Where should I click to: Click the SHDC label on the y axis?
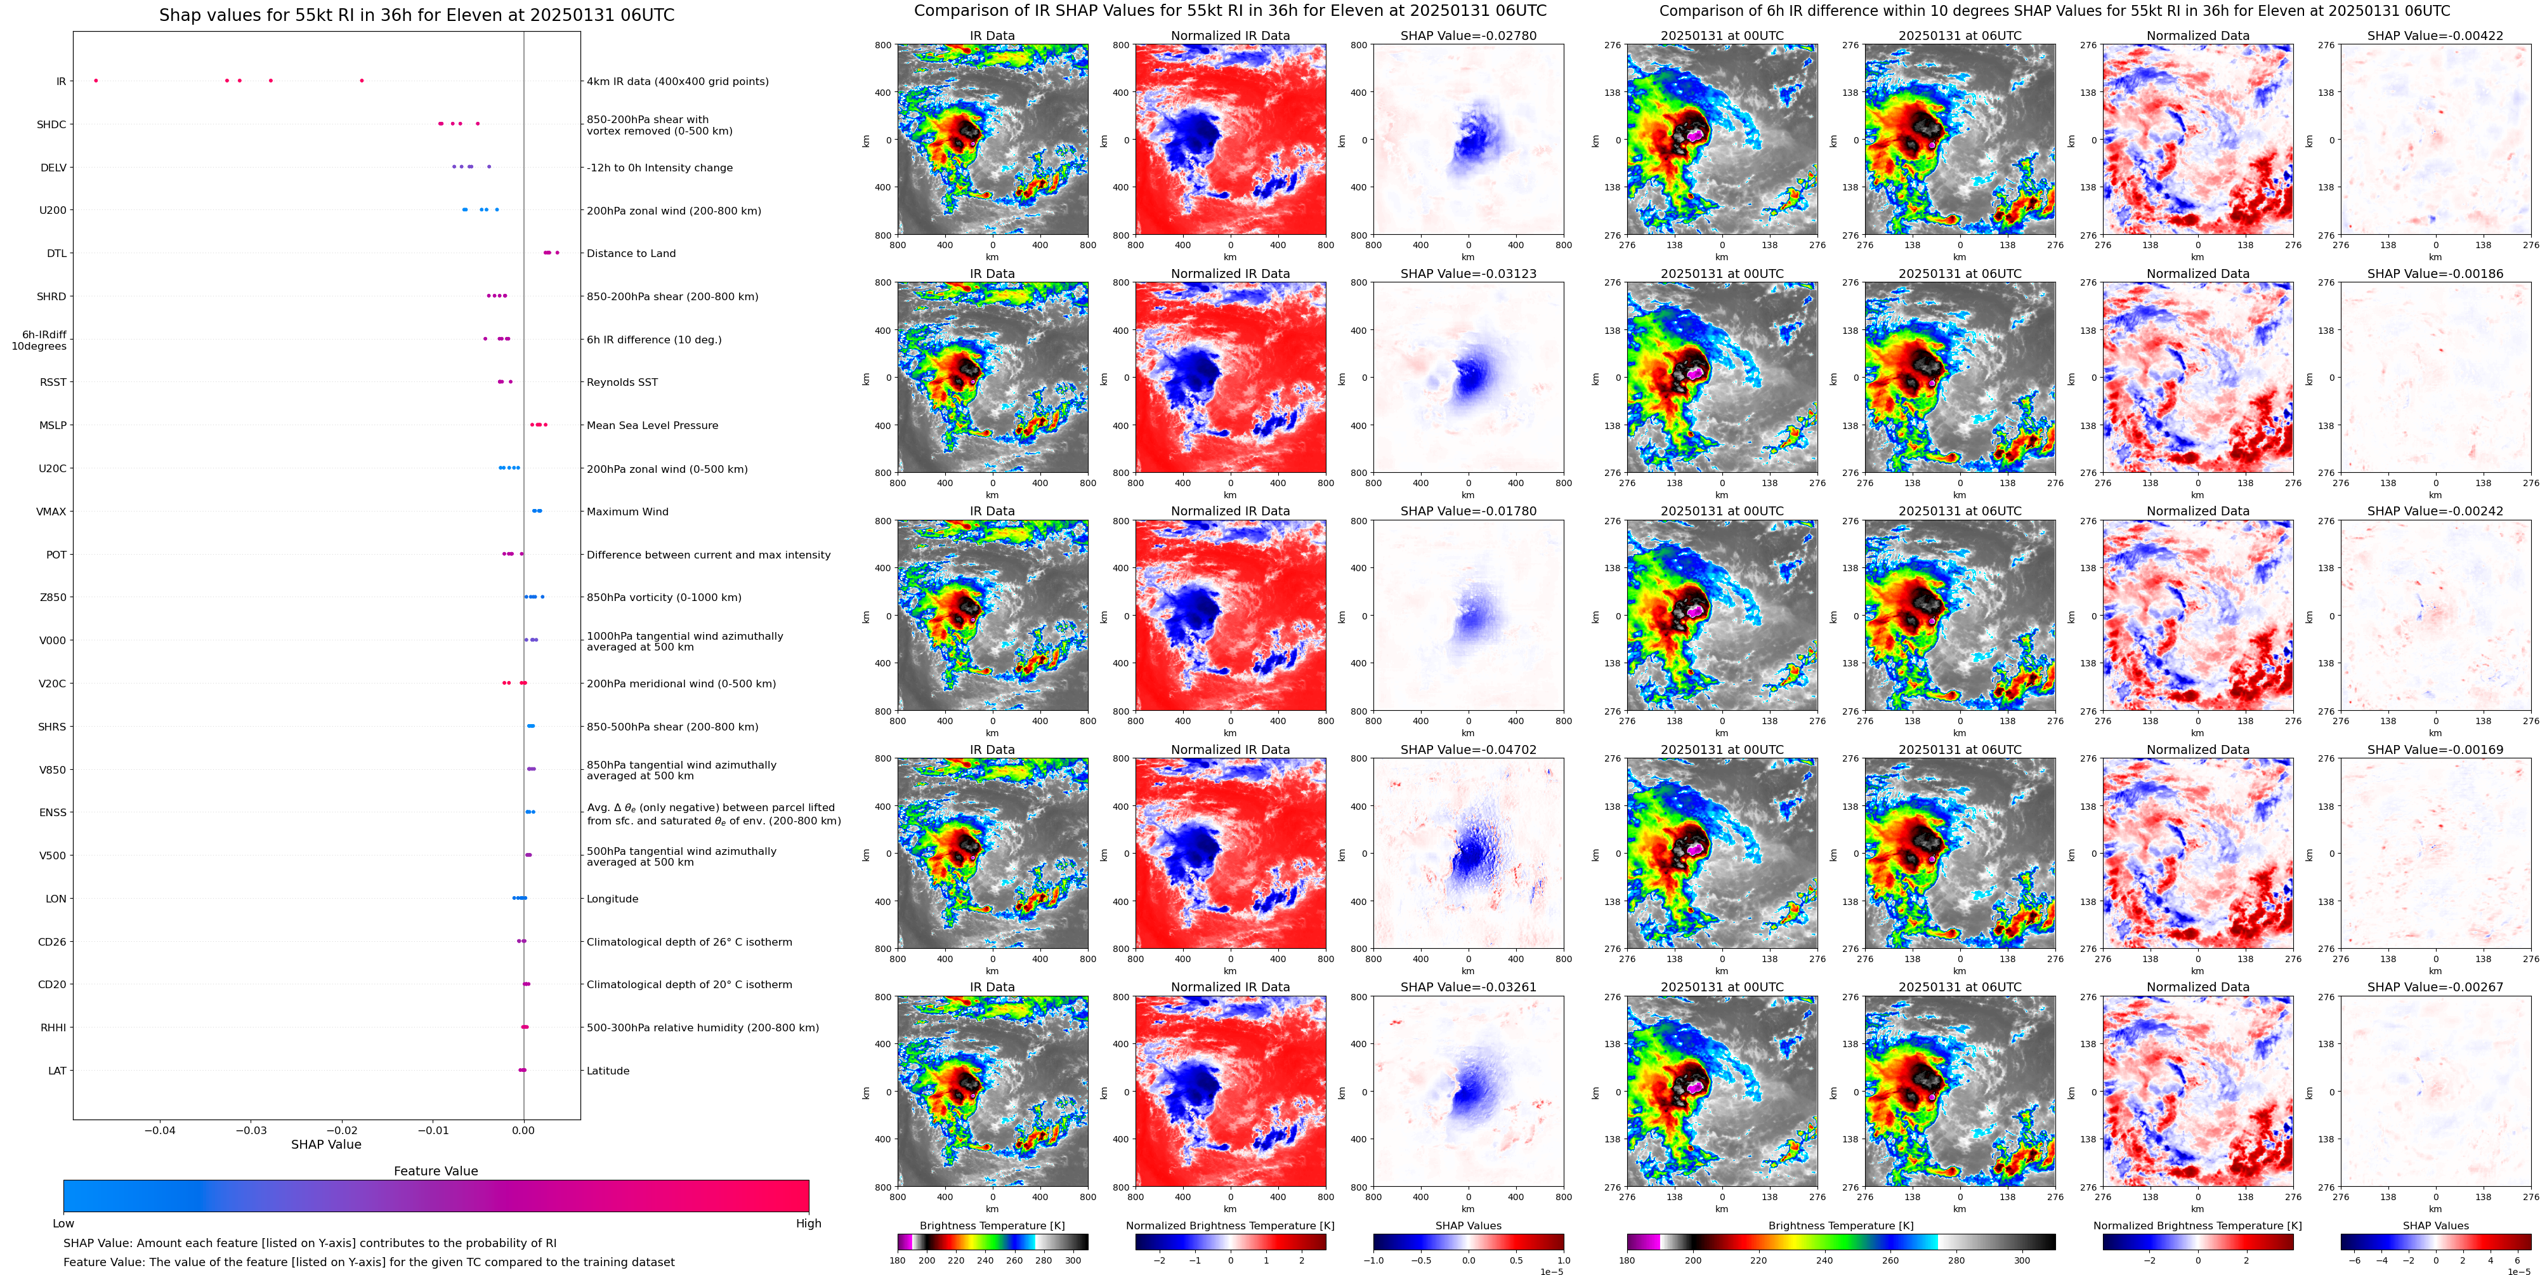pos(51,124)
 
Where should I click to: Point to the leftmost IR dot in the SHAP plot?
pos(96,80)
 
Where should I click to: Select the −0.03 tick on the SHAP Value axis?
pos(251,1130)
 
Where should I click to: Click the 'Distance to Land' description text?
pos(631,253)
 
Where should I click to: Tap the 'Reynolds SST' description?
pos(622,382)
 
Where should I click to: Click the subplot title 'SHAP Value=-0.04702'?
pos(1469,750)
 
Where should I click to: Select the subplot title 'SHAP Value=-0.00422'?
pos(2435,36)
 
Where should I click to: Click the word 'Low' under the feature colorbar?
pos(63,1224)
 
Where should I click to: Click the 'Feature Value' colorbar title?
pos(435,1171)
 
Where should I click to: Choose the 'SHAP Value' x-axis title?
pos(326,1144)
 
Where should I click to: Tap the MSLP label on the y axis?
pos(53,425)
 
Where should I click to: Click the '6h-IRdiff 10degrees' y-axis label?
pos(39,340)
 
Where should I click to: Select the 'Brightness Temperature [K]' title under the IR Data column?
pos(992,1225)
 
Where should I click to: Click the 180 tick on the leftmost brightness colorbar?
pos(898,1260)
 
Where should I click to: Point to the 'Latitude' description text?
pos(608,1070)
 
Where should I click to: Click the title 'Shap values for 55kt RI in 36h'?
pos(416,15)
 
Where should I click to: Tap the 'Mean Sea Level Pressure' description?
pos(653,425)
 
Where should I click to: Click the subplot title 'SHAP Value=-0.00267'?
pos(2435,987)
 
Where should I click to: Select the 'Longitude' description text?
pos(612,899)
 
